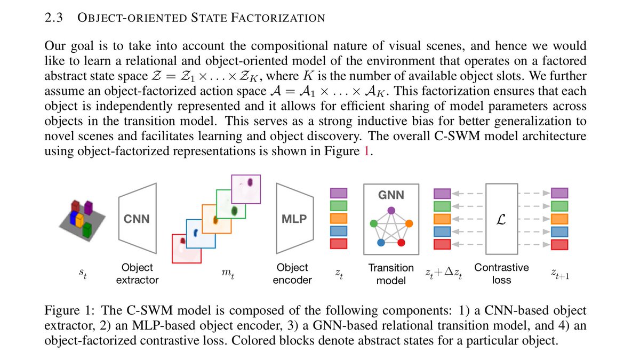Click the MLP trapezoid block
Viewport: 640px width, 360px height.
(294, 219)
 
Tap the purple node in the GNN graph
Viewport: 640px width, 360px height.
(391, 210)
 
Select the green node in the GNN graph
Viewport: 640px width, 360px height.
(374, 223)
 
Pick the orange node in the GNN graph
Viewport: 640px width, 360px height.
(409, 223)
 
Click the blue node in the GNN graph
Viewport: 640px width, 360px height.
(381, 243)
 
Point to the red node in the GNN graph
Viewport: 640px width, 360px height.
(402, 243)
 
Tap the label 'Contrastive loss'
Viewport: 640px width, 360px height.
(501, 273)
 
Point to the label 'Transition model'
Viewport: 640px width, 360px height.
(391, 273)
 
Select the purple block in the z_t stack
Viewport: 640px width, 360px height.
(339, 193)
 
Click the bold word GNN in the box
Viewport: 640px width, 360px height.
(391, 195)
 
